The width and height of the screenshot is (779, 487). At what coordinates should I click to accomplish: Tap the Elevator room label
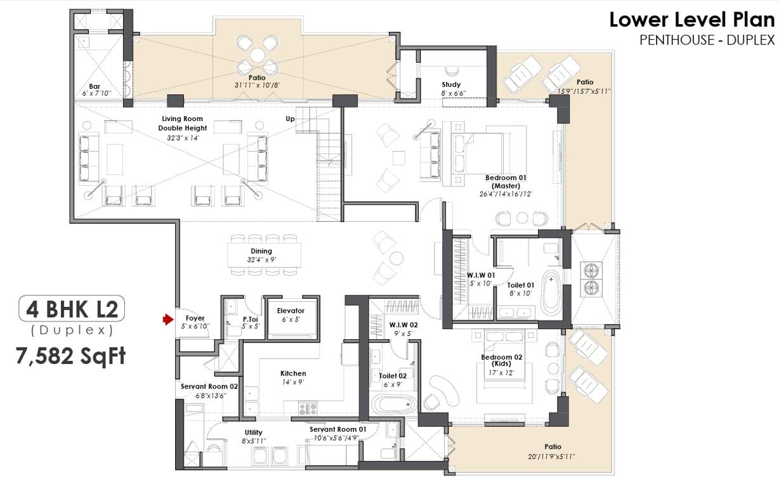(x=291, y=311)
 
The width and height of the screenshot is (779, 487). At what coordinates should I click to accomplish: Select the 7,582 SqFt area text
(x=71, y=355)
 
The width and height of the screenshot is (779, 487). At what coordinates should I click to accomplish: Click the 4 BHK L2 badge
(x=71, y=309)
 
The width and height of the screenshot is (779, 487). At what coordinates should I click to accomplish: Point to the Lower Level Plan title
(x=692, y=20)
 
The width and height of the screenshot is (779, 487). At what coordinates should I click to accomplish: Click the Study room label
(x=451, y=84)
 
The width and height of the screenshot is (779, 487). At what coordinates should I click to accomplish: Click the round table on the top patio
(x=257, y=56)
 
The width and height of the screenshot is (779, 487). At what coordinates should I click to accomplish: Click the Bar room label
(x=96, y=86)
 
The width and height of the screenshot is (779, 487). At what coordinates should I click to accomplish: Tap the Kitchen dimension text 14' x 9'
(x=292, y=382)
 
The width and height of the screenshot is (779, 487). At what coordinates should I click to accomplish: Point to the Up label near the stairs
(x=290, y=119)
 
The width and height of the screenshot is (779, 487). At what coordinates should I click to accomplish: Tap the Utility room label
(x=254, y=432)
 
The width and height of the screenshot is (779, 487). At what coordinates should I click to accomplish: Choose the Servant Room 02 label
(x=209, y=386)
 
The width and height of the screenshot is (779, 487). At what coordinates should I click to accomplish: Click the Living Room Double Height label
(x=182, y=123)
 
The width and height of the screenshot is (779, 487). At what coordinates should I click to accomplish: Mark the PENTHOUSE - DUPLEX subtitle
(x=707, y=40)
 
